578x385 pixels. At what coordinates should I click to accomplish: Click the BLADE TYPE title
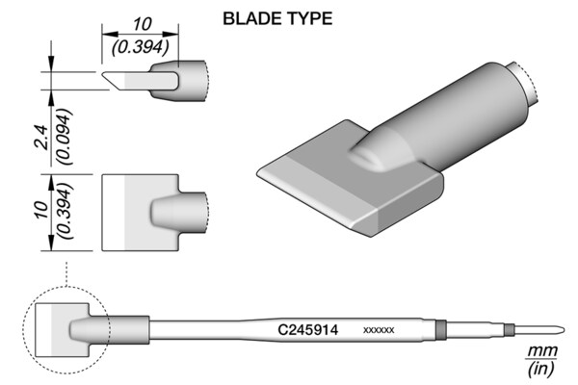[277, 18]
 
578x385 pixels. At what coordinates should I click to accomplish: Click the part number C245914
[308, 330]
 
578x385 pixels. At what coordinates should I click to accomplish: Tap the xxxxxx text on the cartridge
[379, 330]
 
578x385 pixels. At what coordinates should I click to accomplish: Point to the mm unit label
[542, 351]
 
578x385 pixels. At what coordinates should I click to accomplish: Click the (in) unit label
[541, 369]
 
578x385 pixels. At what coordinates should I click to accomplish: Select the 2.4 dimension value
[41, 137]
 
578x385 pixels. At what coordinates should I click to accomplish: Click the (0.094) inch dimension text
[64, 137]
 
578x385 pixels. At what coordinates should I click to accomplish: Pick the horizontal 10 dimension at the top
[142, 25]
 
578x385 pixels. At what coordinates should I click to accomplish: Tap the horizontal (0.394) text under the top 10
[141, 47]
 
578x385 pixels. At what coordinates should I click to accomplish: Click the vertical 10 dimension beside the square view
[41, 211]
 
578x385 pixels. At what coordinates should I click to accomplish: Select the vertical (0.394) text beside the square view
[65, 211]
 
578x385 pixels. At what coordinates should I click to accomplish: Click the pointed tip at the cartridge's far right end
[562, 329]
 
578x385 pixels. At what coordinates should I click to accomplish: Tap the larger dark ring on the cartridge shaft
[440, 329]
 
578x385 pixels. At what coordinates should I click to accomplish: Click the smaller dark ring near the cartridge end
[510, 329]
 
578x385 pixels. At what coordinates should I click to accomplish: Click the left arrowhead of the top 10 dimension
[110, 35]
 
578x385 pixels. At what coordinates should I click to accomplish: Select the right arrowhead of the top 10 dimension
[171, 35]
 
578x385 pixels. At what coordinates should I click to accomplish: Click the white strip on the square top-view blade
[114, 213]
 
